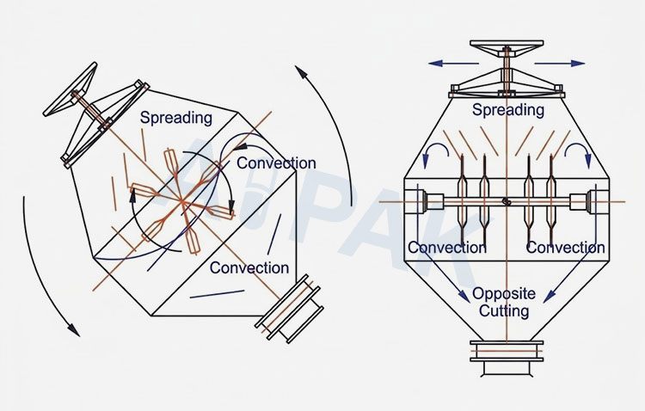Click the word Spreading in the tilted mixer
click(176, 118)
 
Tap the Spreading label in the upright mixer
click(508, 110)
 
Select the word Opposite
click(504, 294)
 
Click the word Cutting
click(504, 310)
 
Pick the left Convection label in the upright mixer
click(447, 248)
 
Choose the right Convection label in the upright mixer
click(566, 248)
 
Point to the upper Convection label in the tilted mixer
click(276, 163)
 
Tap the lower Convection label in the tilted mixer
click(249, 267)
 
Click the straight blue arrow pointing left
click(453, 64)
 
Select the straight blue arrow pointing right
click(560, 64)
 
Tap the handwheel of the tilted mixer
click(71, 89)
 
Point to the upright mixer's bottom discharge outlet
click(507, 358)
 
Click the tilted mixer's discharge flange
click(289, 309)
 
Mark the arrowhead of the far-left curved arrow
click(74, 330)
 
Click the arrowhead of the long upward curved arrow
click(301, 71)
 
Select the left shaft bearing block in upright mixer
click(435, 201)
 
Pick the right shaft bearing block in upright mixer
click(579, 201)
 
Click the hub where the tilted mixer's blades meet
click(181, 200)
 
